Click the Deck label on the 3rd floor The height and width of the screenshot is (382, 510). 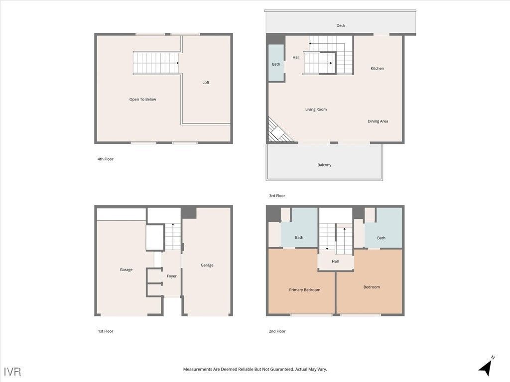point(341,25)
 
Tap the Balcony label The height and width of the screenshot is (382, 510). point(324,165)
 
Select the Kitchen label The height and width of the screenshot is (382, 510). point(377,68)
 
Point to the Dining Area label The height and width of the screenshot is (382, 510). point(378,121)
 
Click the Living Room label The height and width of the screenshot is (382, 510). point(316,109)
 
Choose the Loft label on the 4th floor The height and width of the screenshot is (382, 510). point(206,83)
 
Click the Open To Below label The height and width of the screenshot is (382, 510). point(142,99)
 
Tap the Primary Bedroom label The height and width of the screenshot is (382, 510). point(304,290)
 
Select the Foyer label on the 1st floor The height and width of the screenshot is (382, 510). point(171,276)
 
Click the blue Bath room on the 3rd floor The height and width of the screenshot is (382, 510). point(276,64)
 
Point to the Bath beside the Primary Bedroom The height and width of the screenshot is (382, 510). point(299,237)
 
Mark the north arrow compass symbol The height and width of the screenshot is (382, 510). point(486,367)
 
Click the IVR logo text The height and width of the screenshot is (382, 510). point(12,372)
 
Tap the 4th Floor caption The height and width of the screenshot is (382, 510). point(105,159)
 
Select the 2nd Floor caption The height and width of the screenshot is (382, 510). point(277,331)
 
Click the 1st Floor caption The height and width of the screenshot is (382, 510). point(105,331)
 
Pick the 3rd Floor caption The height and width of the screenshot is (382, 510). point(277,196)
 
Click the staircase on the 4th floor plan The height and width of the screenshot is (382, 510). point(155,63)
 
